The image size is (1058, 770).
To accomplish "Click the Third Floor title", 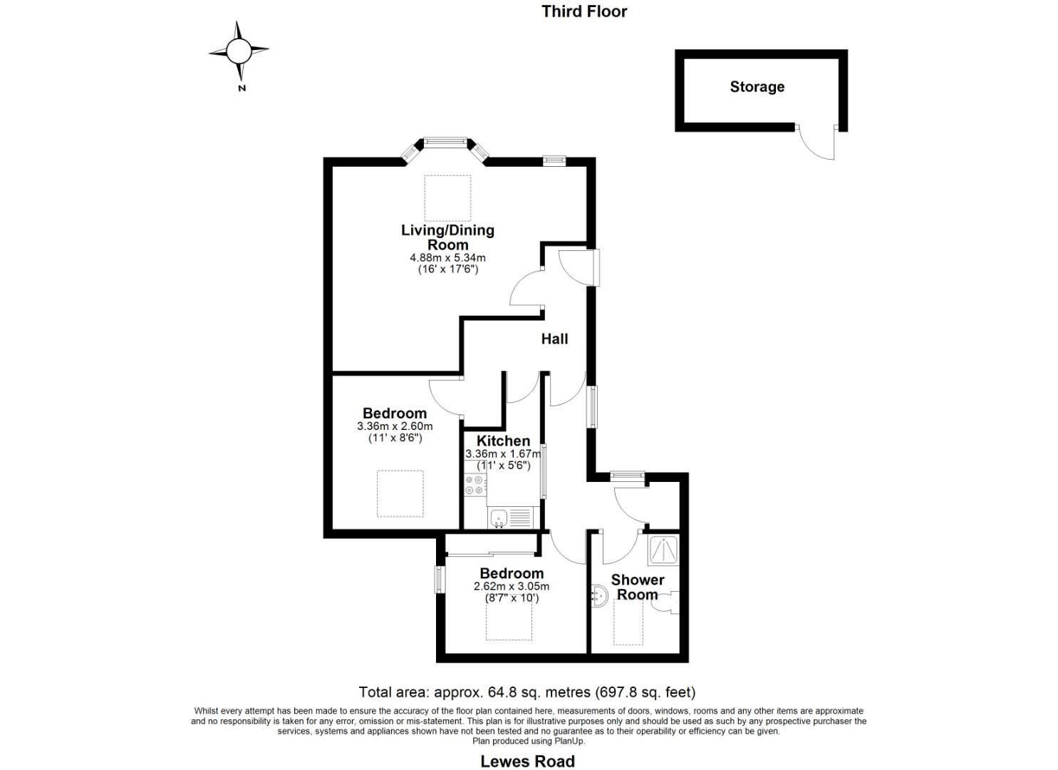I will pos(584,11).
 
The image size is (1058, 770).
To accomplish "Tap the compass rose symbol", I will pos(239,51).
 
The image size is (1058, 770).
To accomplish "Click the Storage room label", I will pos(757,87).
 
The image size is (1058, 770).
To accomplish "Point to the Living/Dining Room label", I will pos(447,237).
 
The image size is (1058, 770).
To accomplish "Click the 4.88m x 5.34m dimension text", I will pos(447,257).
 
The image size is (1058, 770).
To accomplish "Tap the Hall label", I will pos(554,339).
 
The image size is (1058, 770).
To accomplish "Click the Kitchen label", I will pos(503,441).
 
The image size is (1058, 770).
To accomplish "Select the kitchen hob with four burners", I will pos(474,486).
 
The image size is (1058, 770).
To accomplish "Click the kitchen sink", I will pos(499,518).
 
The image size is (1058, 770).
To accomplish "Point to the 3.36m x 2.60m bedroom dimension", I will pos(395,426).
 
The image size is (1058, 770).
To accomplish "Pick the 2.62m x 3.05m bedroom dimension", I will pos(512,587).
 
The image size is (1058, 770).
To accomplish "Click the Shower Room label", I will pos(638,587).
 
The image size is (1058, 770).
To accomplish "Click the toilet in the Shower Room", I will pos(668,603).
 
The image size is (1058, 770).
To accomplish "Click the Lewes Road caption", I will pos(527,761).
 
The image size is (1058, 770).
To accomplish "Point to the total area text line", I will pos(527,692).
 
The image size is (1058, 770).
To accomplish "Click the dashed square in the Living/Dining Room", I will pos(447,197).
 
